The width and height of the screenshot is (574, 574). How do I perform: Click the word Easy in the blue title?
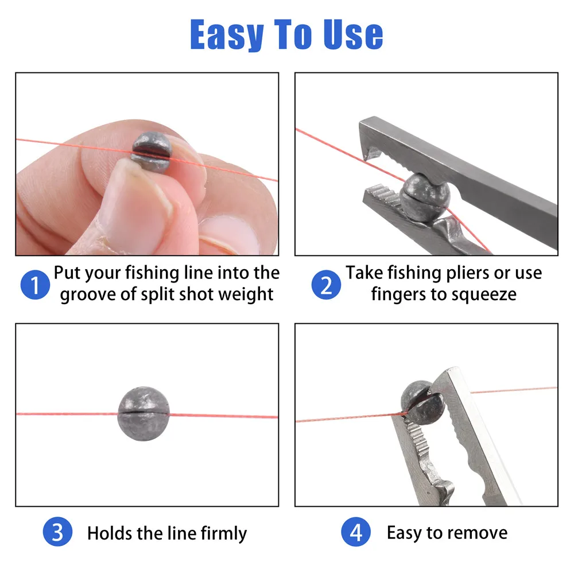(227, 35)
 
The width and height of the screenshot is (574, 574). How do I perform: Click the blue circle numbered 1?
(35, 285)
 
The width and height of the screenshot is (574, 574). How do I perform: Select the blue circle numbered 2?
(326, 285)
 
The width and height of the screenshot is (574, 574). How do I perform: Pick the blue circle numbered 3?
(57, 532)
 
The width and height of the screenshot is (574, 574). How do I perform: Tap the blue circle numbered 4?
(356, 532)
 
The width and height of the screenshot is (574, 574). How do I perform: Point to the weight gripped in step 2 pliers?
(425, 197)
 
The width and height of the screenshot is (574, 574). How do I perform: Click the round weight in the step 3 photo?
(143, 414)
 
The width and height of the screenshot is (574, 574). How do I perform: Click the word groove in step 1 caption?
(88, 294)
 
